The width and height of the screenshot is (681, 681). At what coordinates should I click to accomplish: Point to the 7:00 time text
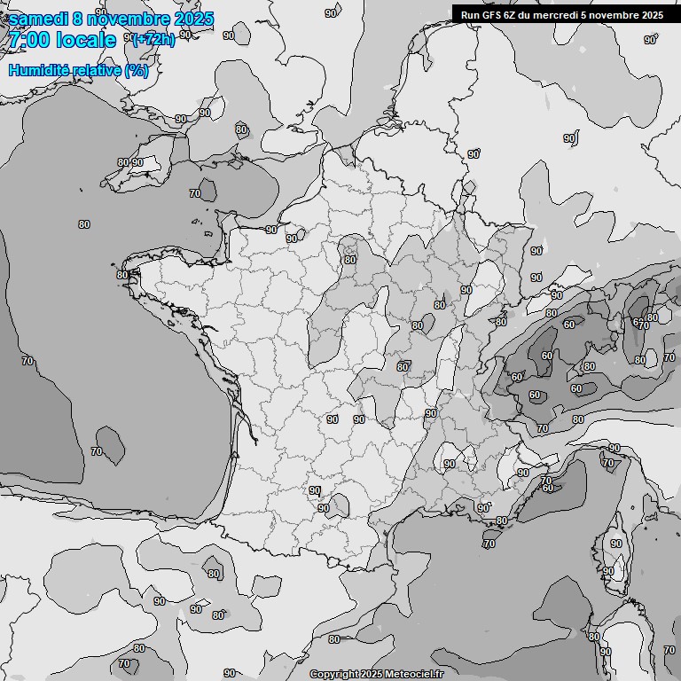(27, 40)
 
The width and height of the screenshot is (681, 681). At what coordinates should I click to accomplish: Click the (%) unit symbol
(137, 70)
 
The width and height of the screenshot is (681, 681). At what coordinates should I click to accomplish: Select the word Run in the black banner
(470, 14)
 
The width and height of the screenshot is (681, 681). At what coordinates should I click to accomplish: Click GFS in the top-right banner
(492, 14)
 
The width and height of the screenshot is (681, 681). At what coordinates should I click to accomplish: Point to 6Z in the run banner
(513, 14)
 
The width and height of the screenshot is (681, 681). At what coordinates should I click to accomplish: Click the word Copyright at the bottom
(333, 674)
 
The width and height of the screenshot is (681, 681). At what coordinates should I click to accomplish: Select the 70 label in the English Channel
(195, 193)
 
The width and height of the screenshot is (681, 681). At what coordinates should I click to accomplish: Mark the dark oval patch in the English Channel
(207, 190)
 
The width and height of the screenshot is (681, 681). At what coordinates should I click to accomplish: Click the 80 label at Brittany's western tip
(121, 275)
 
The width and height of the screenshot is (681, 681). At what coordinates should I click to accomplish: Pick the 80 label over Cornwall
(122, 163)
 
